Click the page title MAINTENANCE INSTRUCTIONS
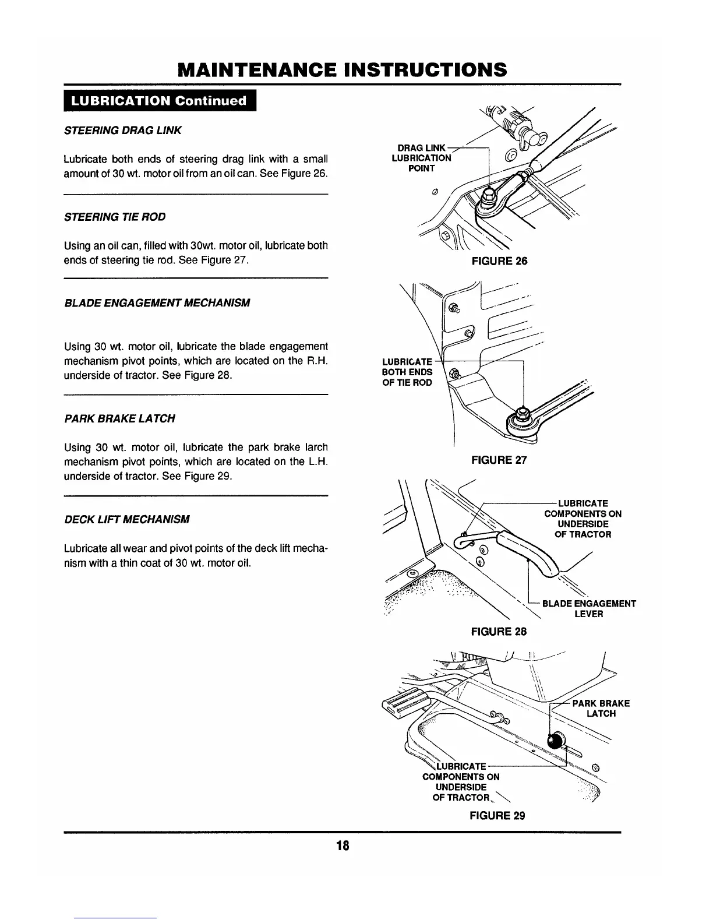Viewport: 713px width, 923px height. [342, 70]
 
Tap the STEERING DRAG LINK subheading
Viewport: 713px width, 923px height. [122, 131]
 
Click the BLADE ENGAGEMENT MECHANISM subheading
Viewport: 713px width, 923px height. [157, 303]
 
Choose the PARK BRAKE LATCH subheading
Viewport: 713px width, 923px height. [119, 418]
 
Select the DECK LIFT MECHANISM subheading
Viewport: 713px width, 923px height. [126, 519]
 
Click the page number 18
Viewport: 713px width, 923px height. [342, 846]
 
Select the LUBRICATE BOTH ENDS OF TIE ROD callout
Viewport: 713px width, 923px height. [407, 372]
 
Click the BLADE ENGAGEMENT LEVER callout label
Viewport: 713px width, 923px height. [588, 609]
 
